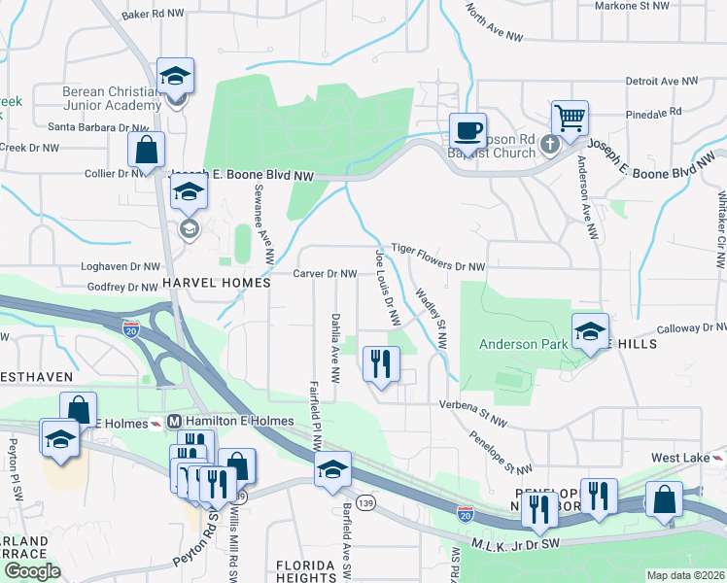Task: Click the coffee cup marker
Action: (467, 130)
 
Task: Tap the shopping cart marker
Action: (570, 119)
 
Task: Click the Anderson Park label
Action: (523, 344)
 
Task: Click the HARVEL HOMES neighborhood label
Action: (216, 283)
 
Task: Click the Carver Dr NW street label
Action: (325, 274)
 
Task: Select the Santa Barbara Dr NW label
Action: (90, 127)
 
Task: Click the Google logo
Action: (32, 571)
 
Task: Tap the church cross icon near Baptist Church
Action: (548, 145)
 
